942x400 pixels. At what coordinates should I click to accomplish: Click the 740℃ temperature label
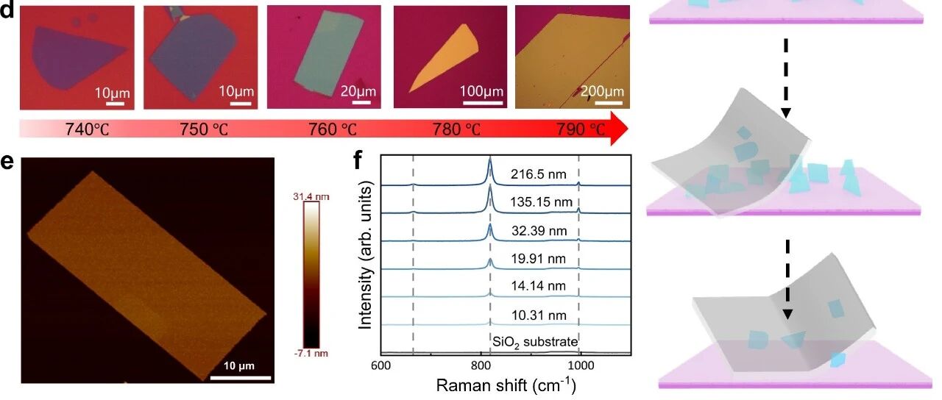[x=87, y=129]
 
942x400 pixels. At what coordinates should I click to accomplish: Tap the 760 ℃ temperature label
[x=333, y=129]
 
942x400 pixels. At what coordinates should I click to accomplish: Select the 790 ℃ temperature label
[x=581, y=129]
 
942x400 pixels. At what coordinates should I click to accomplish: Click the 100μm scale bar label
[x=481, y=91]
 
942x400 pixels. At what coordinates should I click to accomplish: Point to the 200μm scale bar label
[x=602, y=91]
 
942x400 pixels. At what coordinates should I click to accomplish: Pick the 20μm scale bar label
[x=358, y=90]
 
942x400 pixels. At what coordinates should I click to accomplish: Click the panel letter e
[x=7, y=162]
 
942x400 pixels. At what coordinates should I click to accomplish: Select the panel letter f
[x=358, y=160]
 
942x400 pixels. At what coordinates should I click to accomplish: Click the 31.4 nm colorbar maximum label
[x=311, y=196]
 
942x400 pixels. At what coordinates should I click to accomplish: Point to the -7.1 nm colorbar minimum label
[x=311, y=354]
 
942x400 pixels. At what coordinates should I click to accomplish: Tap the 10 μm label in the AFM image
[x=239, y=366]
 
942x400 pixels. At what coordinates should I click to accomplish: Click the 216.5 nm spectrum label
[x=538, y=174]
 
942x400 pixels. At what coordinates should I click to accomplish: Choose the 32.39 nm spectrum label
[x=539, y=231]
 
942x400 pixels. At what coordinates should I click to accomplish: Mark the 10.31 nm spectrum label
[x=539, y=315]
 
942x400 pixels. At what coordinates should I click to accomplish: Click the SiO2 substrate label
[x=535, y=342]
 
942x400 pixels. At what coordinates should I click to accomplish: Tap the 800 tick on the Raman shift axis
[x=481, y=366]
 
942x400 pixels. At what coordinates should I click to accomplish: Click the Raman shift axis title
[x=506, y=385]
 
